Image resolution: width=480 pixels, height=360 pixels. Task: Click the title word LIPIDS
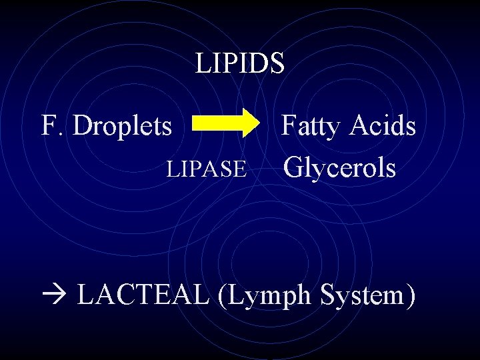click(240, 63)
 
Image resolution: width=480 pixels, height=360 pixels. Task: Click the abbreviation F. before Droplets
click(53, 125)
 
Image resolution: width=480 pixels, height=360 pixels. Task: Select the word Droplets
click(122, 125)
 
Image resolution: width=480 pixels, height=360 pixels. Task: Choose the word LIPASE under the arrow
click(207, 169)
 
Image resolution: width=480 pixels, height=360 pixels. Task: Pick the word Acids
click(385, 125)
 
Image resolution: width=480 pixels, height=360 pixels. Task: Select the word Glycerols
click(340, 168)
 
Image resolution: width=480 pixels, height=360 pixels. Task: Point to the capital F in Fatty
click(288, 125)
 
